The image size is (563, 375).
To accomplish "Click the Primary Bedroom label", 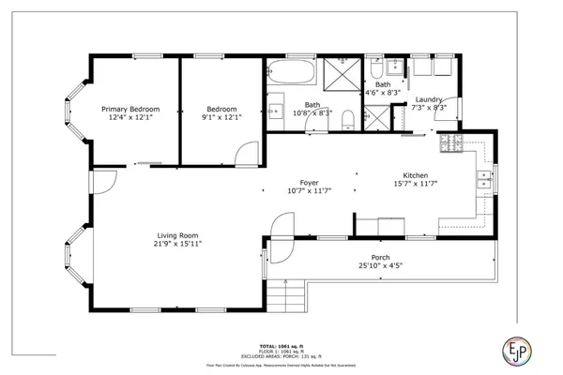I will tap(130, 109).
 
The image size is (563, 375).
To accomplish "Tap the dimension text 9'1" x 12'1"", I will tap(221, 117).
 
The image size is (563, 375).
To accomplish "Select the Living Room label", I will tap(176, 235).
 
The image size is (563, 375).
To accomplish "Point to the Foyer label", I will tap(309, 183).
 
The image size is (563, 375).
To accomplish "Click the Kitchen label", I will tap(416, 176).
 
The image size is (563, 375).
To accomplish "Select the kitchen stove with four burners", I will tap(451, 143).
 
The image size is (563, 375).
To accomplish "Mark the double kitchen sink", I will tap(484, 180).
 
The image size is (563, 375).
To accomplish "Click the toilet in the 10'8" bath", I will tap(348, 117).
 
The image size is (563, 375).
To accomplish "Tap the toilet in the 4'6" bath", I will tap(374, 71).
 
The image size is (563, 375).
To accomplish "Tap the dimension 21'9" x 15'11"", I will tap(176, 244).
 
